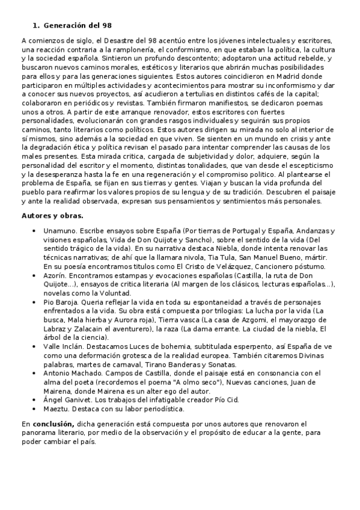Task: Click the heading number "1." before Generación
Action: click(35, 25)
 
